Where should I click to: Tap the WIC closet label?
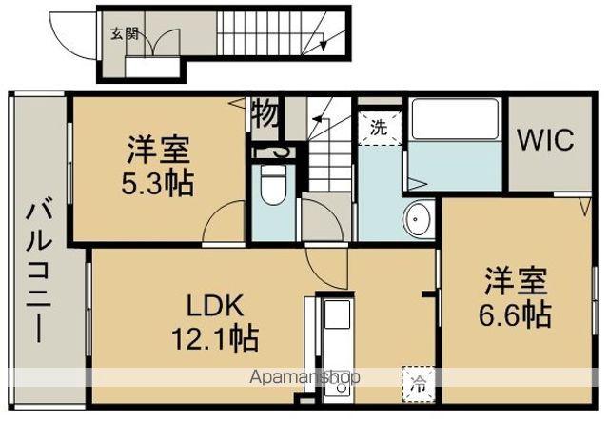coord(545,141)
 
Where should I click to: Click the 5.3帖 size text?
coord(159,182)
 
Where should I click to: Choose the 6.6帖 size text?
coord(518,313)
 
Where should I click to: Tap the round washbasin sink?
coord(419,221)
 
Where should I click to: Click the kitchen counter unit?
coord(333,342)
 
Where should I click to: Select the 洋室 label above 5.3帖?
coord(159,152)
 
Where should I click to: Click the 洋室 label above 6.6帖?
coord(518,282)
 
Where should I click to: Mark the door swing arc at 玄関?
coord(158,42)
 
